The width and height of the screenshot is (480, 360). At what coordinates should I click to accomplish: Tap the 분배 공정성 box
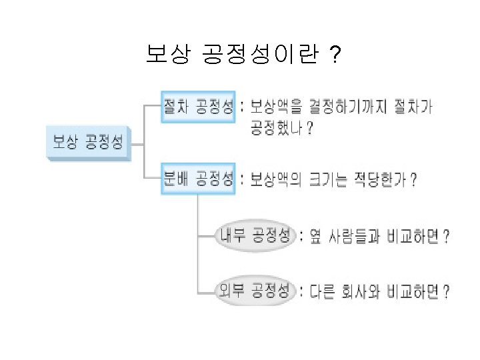pyautogui.click(x=198, y=179)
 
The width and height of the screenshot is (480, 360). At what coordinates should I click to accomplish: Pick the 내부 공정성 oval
pyautogui.click(x=256, y=235)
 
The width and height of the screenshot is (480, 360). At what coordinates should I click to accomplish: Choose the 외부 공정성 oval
pyautogui.click(x=256, y=291)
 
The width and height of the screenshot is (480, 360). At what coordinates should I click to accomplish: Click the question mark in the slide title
pyautogui.click(x=333, y=56)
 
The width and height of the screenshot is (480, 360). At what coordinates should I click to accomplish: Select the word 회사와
pyautogui.click(x=366, y=291)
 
